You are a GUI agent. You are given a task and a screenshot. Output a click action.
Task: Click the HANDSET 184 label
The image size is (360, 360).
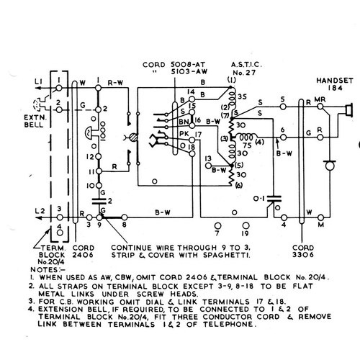(335, 84)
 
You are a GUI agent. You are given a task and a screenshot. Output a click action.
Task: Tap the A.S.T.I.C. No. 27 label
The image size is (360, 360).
(246, 68)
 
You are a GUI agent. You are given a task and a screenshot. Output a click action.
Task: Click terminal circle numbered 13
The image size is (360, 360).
(208, 166)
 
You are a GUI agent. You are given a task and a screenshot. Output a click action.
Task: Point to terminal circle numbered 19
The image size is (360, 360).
(246, 225)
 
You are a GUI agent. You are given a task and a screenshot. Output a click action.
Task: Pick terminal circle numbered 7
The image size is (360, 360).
(217, 225)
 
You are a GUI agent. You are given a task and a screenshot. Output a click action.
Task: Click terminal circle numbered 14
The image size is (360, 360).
(192, 99)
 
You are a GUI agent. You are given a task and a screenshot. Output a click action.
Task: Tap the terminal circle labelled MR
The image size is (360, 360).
(320, 107)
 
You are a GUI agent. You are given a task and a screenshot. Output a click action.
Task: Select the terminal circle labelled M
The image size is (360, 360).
(321, 218)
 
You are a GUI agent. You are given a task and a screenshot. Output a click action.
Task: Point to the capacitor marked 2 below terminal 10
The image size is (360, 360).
(99, 201)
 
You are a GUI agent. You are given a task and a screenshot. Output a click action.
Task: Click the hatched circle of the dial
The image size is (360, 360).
(133, 138)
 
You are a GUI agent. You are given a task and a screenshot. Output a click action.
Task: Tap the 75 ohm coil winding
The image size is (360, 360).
(246, 138)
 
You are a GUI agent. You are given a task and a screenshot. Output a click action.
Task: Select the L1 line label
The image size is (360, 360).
(38, 82)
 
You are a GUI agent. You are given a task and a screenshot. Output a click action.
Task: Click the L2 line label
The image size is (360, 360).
(40, 211)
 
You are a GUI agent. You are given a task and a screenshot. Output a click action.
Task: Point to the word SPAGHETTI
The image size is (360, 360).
(226, 256)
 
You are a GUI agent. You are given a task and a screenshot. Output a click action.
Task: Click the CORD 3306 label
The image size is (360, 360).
(303, 251)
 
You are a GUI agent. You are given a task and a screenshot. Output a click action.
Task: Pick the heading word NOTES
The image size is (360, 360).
(45, 270)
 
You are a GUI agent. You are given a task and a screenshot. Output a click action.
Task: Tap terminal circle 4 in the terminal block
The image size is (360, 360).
(60, 233)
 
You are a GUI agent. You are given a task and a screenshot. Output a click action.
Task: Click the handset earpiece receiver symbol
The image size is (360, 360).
(349, 110)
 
